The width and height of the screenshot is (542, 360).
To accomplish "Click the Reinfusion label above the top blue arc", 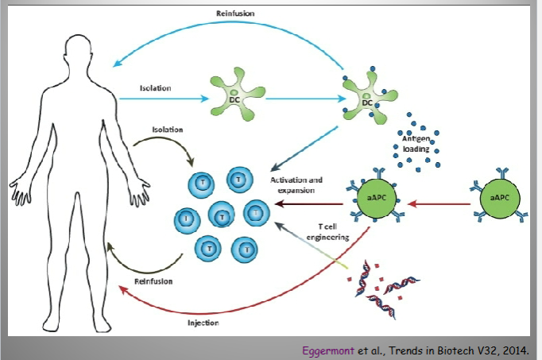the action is [x=235, y=14].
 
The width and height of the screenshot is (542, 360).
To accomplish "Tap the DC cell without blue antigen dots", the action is [x=238, y=95].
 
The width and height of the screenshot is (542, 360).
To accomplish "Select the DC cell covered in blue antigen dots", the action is [x=369, y=97].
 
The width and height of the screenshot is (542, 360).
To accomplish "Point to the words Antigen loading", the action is [x=416, y=144].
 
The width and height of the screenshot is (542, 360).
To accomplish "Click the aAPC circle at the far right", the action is [x=500, y=199].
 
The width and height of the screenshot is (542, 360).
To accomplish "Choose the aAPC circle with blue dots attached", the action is [x=376, y=199].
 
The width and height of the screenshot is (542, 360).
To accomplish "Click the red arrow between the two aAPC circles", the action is [x=439, y=203].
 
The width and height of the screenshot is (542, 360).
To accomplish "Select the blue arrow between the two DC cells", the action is [x=306, y=99].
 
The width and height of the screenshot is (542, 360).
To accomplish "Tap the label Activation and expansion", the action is [x=296, y=185].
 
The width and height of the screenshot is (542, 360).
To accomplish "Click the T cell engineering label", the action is [x=327, y=232].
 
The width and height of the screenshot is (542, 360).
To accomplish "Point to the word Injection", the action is [x=203, y=323].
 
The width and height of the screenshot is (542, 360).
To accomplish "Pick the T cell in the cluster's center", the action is [x=222, y=215].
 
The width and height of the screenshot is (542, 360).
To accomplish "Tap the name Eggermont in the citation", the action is [x=328, y=350].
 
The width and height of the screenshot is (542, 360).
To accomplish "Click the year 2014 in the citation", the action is [x=516, y=350].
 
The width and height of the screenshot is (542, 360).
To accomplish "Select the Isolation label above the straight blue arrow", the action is [x=155, y=88].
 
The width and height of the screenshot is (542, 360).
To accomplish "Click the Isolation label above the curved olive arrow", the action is [x=168, y=130].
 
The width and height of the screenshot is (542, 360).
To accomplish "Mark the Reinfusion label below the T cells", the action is [x=153, y=281].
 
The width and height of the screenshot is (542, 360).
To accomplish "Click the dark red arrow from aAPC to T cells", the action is [x=309, y=203].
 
